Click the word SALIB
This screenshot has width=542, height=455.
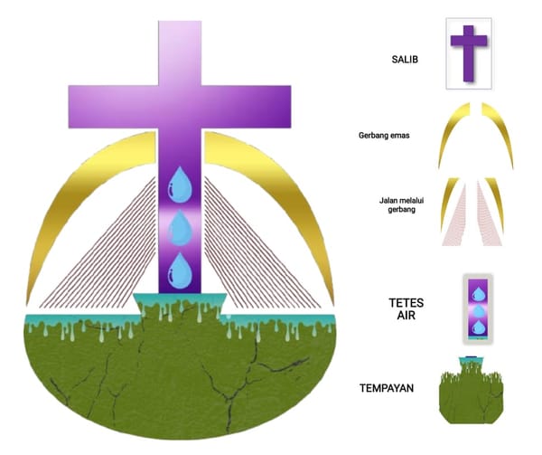(x=405, y=60)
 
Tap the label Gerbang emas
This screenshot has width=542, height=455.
(x=384, y=136)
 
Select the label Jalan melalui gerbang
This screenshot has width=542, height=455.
(x=401, y=204)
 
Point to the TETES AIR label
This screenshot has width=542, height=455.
(x=406, y=309)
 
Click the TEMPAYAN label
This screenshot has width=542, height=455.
(x=387, y=388)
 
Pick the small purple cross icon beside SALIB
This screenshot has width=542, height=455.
(x=469, y=53)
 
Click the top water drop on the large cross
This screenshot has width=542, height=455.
(x=180, y=185)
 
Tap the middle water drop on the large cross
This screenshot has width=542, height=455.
(x=180, y=228)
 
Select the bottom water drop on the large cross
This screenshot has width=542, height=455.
(x=180, y=270)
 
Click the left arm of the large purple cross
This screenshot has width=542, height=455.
(x=114, y=107)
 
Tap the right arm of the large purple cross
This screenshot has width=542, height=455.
(x=246, y=107)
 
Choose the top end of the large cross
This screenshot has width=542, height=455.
(x=180, y=22)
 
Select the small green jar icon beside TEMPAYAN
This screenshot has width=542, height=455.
(x=472, y=391)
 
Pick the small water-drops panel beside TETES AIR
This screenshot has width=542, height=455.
(x=478, y=309)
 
